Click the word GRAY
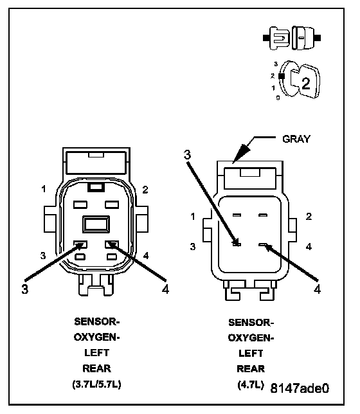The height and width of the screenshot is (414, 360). tap(296, 139)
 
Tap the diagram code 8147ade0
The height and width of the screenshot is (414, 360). tap(300, 388)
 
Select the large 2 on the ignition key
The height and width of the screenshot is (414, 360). tap(305, 84)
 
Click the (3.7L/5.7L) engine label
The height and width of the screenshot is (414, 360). tap(96, 384)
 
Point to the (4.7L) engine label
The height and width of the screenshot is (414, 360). tap(251, 384)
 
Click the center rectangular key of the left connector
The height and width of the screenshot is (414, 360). tap(96, 224)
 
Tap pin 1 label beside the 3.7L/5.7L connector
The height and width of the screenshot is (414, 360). tap(44, 189)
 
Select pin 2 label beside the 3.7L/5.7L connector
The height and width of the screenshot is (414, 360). tap(145, 190)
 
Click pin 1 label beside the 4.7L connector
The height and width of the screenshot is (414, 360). tap(193, 217)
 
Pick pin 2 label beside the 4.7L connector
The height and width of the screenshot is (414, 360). tap(309, 217)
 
